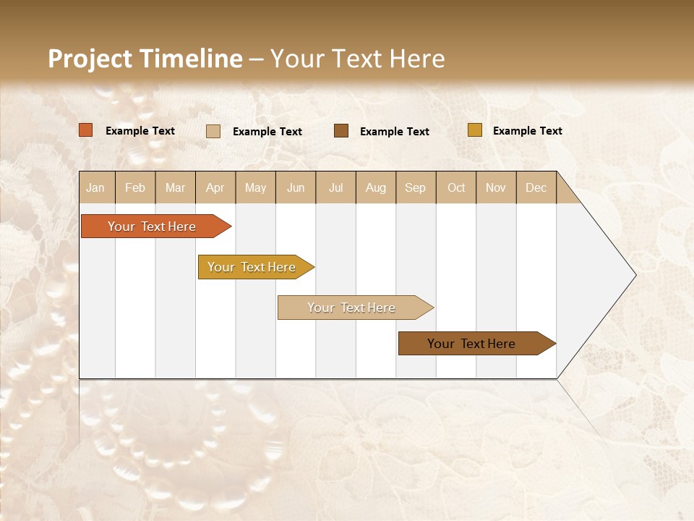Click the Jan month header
tap(95, 187)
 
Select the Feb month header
tap(135, 187)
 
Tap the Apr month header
tap(215, 187)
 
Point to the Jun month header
tap(296, 187)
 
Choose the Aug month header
tap(375, 187)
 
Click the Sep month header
tap(415, 187)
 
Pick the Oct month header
tap(456, 187)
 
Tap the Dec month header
tap(536, 187)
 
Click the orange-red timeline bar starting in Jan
tap(152, 226)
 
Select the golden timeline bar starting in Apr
tap(252, 267)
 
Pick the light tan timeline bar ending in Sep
tap(351, 308)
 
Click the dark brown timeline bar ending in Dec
tap(471, 344)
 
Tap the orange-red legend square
tap(86, 130)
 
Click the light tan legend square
tap(213, 131)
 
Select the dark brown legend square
tap(341, 131)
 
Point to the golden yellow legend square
tap(474, 130)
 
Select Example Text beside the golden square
tap(527, 131)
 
